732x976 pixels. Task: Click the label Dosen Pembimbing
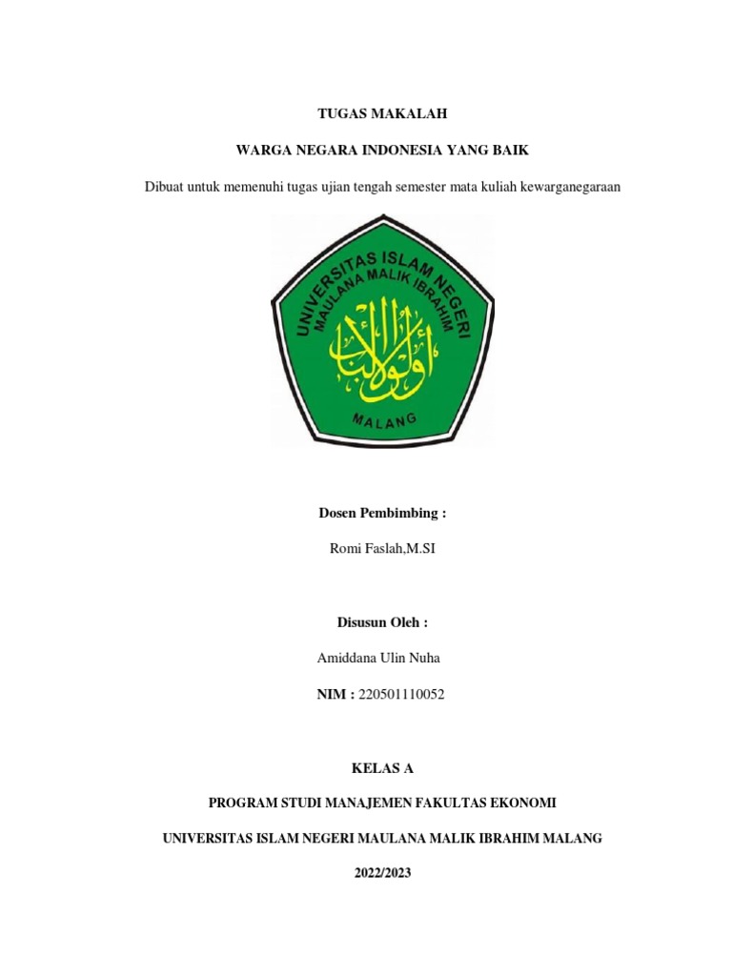pyautogui.click(x=381, y=513)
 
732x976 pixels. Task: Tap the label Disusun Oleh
pyautogui.click(x=381, y=622)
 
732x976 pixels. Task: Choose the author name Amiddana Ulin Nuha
pyautogui.click(x=378, y=659)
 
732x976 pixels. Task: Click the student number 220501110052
pyautogui.click(x=400, y=695)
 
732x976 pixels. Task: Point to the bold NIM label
pyautogui.click(x=335, y=695)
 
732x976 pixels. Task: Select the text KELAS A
pyautogui.click(x=381, y=767)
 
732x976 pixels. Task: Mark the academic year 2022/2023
pyautogui.click(x=381, y=872)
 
